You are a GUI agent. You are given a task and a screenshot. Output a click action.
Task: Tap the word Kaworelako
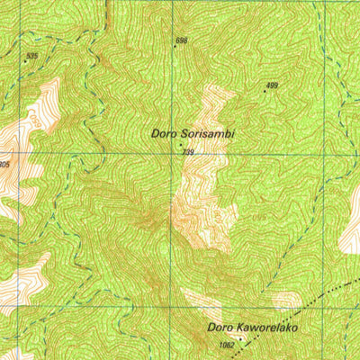click(266, 328)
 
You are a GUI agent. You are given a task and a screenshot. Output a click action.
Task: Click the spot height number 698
click(182, 41)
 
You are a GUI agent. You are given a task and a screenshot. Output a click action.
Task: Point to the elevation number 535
click(33, 57)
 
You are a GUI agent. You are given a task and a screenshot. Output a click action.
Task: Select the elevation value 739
click(188, 153)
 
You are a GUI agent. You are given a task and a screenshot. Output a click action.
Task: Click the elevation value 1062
click(226, 345)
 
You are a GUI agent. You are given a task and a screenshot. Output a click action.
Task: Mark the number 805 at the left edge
click(4, 165)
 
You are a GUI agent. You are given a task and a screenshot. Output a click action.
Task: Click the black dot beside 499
click(265, 91)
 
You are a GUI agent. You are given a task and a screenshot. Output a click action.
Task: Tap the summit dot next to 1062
click(239, 346)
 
